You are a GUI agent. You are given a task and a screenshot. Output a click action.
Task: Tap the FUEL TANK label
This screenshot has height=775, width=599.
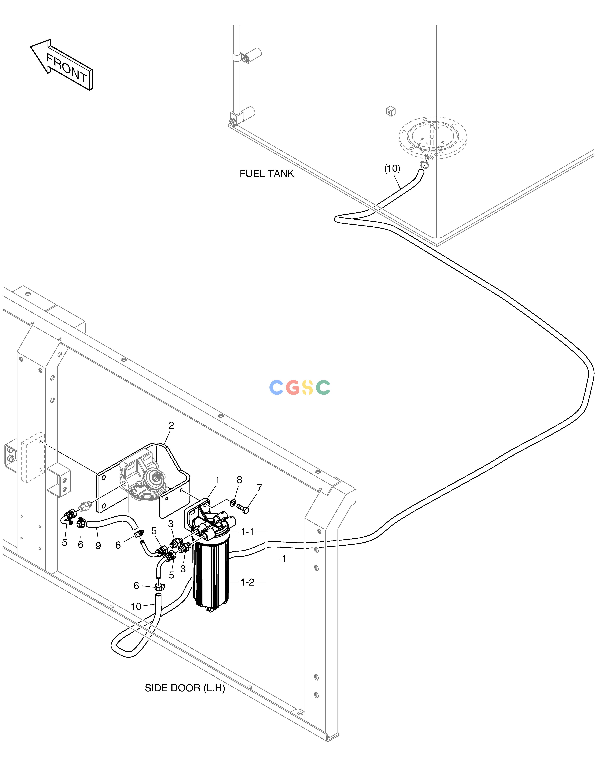click(x=267, y=174)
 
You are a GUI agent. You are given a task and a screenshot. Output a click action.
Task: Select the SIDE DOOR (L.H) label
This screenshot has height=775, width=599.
click(x=185, y=688)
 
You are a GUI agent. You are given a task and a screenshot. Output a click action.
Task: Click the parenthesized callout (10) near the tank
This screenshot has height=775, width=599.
click(x=392, y=169)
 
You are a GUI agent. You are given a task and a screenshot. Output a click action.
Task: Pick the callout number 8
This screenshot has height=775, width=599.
click(x=240, y=480)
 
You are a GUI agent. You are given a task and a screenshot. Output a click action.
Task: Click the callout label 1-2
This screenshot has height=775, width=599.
click(x=247, y=582)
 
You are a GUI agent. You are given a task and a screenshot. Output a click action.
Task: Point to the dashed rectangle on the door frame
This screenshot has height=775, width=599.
click(x=33, y=457)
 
